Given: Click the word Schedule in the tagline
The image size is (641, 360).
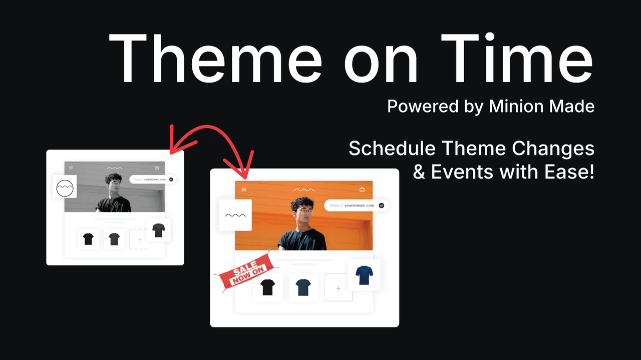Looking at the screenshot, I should click(x=392, y=148).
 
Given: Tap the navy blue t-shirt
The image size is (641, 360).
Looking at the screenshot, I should click(x=364, y=275).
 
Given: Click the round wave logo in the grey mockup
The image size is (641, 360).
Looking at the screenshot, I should click(x=65, y=186).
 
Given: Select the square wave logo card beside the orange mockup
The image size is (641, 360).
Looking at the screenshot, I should click(x=235, y=215).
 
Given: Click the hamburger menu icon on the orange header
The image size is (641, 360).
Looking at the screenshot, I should click(x=244, y=189).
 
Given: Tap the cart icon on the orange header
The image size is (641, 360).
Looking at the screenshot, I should click(x=362, y=189).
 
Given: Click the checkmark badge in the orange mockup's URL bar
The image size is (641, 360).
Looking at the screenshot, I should click(x=382, y=205).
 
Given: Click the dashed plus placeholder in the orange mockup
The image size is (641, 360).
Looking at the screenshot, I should click(x=338, y=287).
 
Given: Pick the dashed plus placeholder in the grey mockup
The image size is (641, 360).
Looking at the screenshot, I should click(x=139, y=239).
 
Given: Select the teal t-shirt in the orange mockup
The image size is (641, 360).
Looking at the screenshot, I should click(x=303, y=287).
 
